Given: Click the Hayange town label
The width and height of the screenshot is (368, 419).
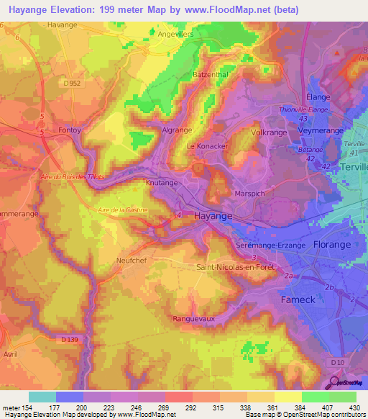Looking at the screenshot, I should pyautogui.click(x=213, y=215).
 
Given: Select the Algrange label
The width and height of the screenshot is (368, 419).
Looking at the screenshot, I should pyautogui.click(x=177, y=130).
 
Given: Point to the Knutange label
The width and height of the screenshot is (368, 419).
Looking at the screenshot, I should pyautogui.click(x=162, y=183).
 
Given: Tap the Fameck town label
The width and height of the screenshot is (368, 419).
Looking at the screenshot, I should pyautogui.click(x=298, y=299).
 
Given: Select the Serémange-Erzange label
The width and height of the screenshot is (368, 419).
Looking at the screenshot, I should pyautogui.click(x=271, y=245).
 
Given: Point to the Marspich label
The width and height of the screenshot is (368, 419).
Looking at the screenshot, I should pyautogui.click(x=251, y=194).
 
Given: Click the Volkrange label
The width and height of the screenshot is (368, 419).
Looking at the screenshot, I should pyautogui.click(x=269, y=132).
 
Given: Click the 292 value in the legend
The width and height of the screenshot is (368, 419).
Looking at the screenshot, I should pyautogui.click(x=191, y=407).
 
